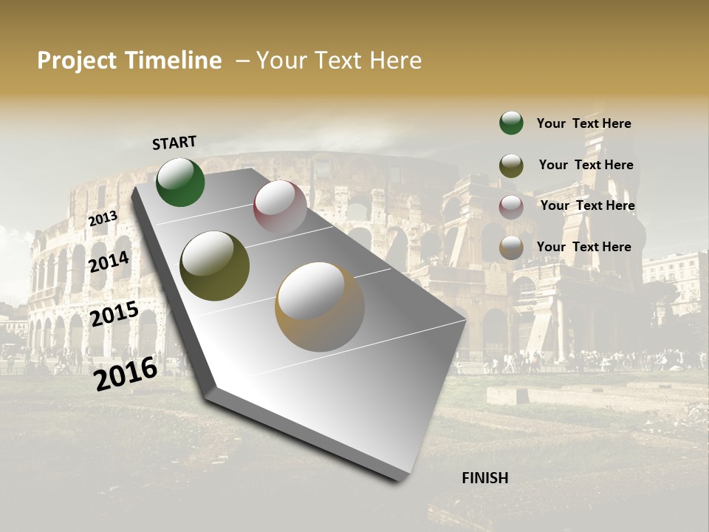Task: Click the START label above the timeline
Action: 174,143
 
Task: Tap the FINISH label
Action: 484,478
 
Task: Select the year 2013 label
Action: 103,219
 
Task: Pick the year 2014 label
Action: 109,262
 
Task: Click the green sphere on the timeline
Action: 180,183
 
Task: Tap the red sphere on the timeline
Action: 280,207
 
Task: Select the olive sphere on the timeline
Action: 214,266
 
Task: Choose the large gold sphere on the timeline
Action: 320,307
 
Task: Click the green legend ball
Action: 511,123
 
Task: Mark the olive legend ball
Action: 511,165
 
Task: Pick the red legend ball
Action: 511,206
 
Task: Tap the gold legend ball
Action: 511,248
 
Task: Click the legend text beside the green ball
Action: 583,123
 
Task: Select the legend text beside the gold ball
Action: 583,247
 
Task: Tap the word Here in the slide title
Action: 395,61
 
